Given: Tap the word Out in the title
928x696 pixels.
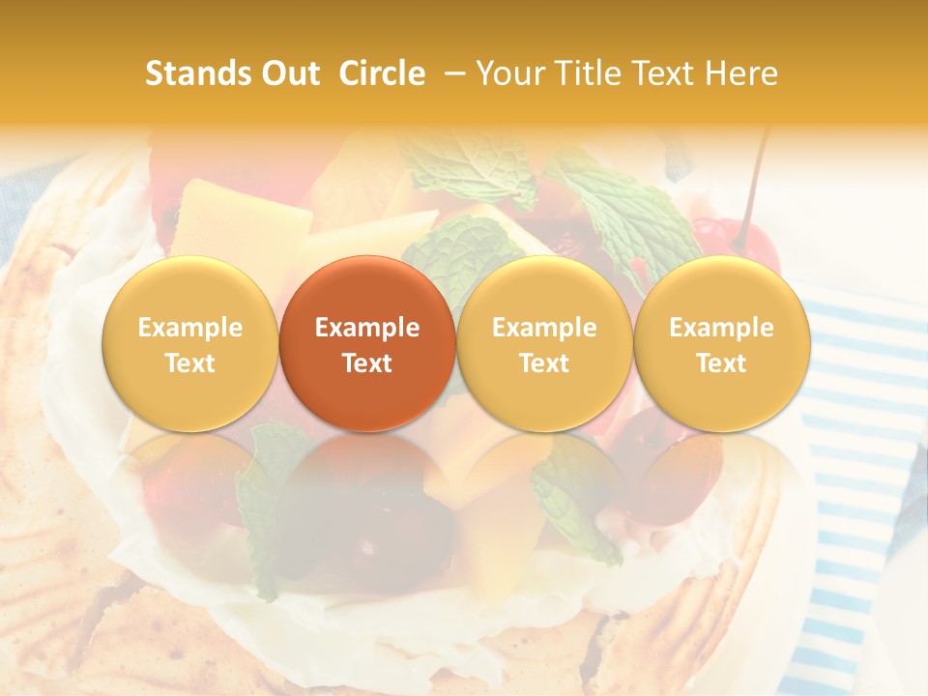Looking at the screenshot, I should pyautogui.click(x=288, y=73).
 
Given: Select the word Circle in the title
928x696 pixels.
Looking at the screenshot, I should pyautogui.click(x=382, y=73).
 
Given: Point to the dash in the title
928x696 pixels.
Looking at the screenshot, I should pyautogui.click(x=450, y=73).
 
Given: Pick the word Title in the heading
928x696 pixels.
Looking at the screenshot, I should pyautogui.click(x=587, y=73).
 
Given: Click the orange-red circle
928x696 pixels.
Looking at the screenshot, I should pyautogui.click(x=367, y=343).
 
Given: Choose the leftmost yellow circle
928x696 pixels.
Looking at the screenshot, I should pyautogui.click(x=189, y=343).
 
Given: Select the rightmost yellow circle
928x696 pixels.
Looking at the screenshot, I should pyautogui.click(x=722, y=343).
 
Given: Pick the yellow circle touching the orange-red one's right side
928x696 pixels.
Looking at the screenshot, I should pyautogui.click(x=544, y=343).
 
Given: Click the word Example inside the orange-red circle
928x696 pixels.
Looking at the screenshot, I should pyautogui.click(x=367, y=328).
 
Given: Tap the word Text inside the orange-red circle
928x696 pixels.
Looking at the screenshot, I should pyautogui.click(x=367, y=363).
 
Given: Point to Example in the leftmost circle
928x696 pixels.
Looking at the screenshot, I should pyautogui.click(x=189, y=328).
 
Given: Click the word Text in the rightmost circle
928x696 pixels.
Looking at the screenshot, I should pyautogui.click(x=722, y=363).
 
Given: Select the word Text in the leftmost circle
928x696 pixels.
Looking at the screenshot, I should pyautogui.click(x=189, y=363).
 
